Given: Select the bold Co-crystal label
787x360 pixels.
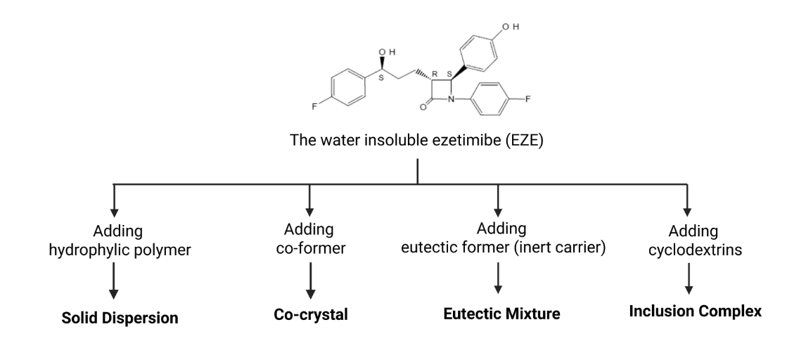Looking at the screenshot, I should (311, 314).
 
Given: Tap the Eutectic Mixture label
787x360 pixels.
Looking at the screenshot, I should (501, 314).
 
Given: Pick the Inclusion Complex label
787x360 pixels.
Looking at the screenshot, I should (695, 311).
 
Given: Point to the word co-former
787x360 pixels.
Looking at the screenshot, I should (309, 250).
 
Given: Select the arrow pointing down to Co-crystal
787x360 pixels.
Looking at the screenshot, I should (309, 285).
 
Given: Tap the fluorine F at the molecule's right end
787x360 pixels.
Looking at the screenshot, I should (528, 98).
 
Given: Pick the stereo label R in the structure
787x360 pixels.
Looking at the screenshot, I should (434, 73).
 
